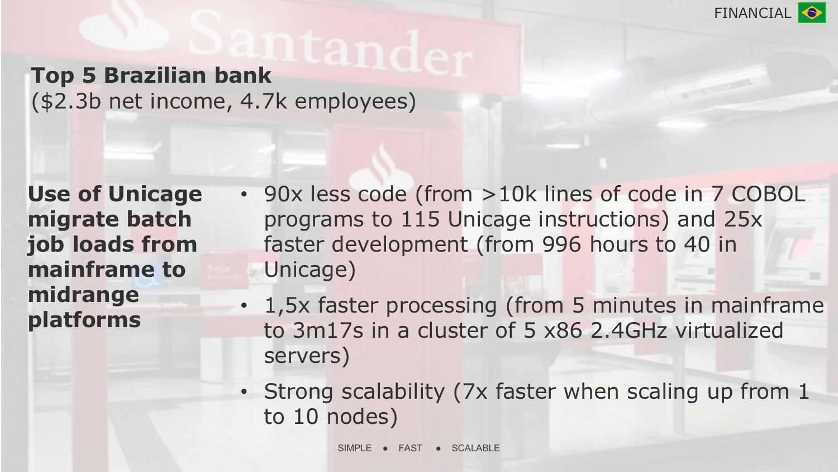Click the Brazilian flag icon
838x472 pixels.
[812, 13]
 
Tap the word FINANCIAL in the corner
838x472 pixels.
[753, 13]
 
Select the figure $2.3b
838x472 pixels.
[71, 101]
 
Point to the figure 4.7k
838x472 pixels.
[264, 101]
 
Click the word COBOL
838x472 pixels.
[768, 194]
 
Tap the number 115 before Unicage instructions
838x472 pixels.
[420, 219]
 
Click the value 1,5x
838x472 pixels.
[287, 305]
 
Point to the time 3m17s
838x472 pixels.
[328, 331]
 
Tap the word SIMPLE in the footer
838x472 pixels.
[355, 448]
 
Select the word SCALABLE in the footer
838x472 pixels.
[475, 448]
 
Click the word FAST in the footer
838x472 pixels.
[411, 448]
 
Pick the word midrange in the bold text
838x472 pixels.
[83, 295]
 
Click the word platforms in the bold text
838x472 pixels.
[84, 320]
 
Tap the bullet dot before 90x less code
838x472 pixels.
[244, 195]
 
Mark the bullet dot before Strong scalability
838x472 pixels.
[244, 392]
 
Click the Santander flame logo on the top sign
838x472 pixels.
[125, 27]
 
